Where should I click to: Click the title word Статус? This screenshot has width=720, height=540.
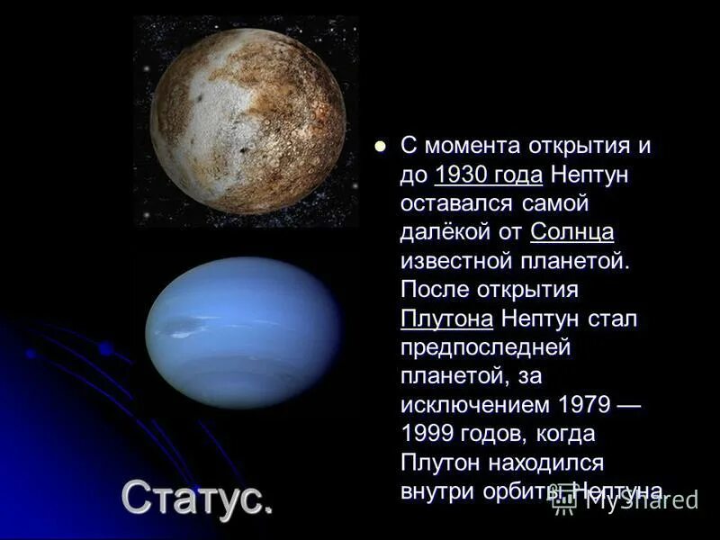coord(196,497)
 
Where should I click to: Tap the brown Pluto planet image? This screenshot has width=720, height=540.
coord(247,121)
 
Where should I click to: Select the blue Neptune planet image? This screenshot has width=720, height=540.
coord(244,332)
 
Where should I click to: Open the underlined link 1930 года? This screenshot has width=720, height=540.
coord(488,175)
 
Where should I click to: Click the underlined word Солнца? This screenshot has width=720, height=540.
coord(571,232)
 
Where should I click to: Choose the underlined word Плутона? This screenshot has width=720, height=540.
coord(446,319)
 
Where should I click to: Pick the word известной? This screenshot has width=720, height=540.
coord(457,261)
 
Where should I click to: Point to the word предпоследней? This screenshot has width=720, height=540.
coord(486,347)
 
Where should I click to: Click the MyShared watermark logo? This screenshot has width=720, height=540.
coord(625,500)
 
